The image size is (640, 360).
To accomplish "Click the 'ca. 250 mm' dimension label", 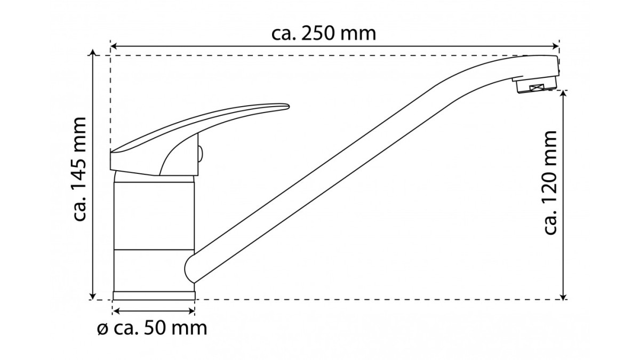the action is tap(324, 34).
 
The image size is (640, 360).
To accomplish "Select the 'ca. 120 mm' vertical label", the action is tap(550, 182).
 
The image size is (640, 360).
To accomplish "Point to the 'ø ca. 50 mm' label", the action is tap(152, 329).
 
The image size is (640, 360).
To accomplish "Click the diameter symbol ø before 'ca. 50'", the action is tap(102, 330).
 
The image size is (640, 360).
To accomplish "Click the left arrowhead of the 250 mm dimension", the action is tap(114, 46).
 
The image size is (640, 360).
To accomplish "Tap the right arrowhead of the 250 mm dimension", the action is tap(555, 46).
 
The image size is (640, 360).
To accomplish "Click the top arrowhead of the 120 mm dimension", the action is tap(563, 94).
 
